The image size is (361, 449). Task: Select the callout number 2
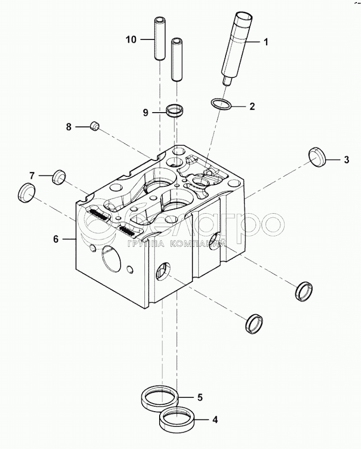252,106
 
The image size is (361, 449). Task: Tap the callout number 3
346,159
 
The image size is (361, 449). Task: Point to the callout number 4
214,420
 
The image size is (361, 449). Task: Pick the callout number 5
200,397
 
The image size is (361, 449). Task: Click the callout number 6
56,238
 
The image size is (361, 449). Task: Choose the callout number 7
32,175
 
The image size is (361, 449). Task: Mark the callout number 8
69,127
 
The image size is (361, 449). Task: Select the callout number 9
145,112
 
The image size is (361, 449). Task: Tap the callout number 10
131,39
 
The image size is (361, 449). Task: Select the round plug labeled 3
317,157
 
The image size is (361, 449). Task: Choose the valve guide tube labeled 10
159,39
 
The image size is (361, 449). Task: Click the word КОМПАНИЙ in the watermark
197,244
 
